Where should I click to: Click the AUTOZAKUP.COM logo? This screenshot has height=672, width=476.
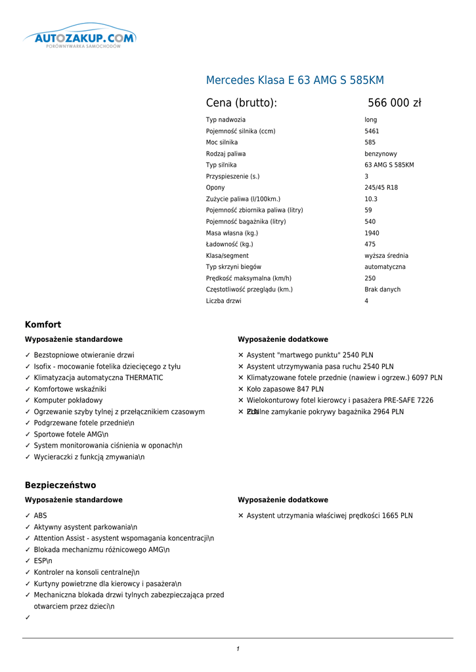coord(80,38)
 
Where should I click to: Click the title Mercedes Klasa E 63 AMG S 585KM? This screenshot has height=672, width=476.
coord(295,81)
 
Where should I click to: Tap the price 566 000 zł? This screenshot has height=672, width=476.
coord(394,103)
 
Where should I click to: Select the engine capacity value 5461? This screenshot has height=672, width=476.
coord(372,131)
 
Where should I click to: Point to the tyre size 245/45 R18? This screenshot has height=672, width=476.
coord(381,188)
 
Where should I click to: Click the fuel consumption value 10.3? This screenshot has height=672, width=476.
coord(371,199)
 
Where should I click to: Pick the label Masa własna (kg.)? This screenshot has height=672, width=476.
coord(232,233)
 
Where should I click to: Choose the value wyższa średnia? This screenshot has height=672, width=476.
coord(385,256)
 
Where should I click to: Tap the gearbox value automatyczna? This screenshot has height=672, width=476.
coord(385,267)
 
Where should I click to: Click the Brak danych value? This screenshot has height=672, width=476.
coord(382,289)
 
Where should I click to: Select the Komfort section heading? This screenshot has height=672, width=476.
coord(43,325)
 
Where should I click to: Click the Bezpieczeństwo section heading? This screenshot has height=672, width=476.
coord(60,486)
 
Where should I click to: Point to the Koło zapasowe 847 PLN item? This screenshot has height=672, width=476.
coord(285,389)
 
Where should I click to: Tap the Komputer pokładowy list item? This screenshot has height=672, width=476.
coord(68,400)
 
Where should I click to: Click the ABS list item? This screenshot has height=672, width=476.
coord(40,516)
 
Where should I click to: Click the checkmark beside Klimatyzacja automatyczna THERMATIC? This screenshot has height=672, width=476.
coord(28,378)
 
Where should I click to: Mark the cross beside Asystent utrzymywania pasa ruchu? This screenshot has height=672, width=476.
coord(241,367)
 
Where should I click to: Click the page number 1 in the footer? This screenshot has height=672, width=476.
coord(238,649)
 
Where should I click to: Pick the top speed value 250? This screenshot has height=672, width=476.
coord(370,278)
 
